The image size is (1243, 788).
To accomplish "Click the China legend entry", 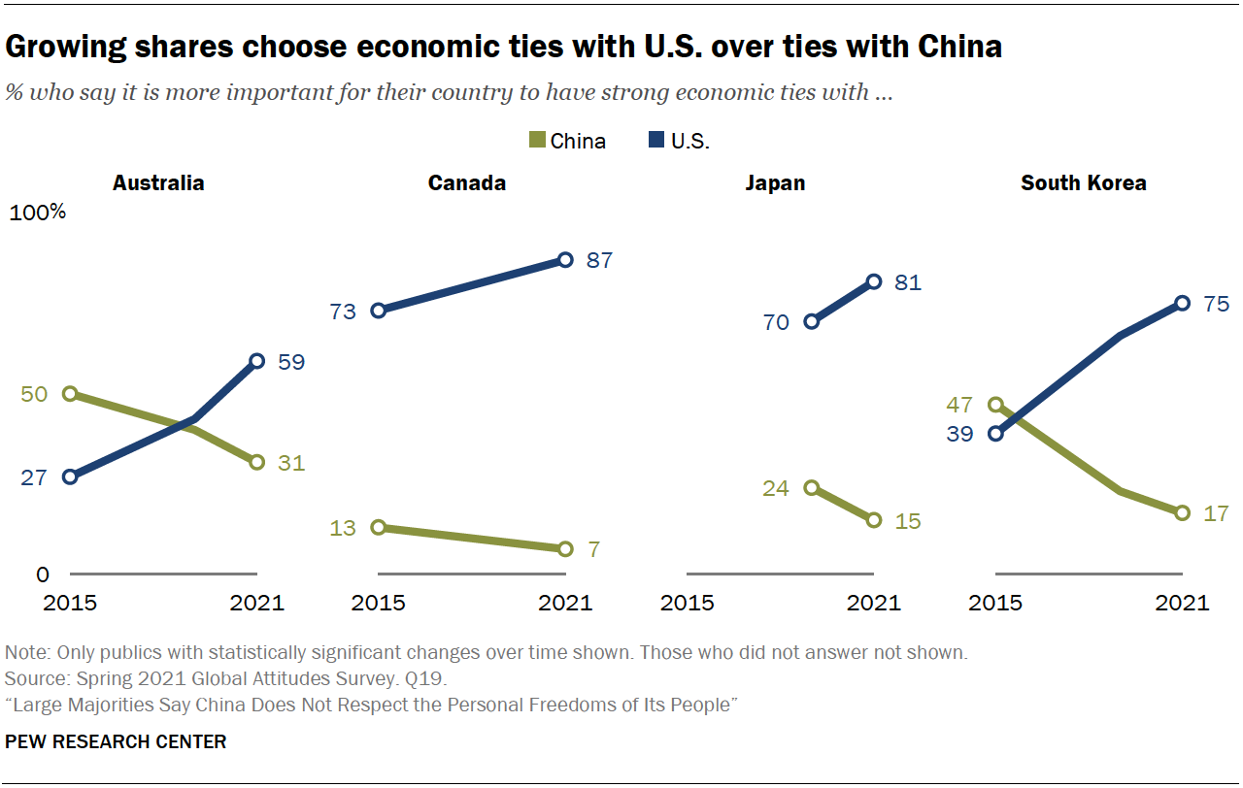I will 567,141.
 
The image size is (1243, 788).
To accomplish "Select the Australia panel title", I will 158,182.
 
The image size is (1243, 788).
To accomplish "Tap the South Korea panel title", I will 1083,182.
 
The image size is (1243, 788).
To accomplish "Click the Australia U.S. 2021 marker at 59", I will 256,361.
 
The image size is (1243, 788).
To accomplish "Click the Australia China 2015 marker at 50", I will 70,394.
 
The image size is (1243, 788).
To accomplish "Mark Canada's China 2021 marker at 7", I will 565,548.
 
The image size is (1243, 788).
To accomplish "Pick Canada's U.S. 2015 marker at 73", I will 379,311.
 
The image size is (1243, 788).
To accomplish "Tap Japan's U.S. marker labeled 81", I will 874,281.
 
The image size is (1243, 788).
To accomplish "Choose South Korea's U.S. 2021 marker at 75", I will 1182,303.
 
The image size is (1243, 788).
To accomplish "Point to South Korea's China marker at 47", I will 996,405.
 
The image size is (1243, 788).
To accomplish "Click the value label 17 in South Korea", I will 1216,513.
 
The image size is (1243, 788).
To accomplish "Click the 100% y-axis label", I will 37,213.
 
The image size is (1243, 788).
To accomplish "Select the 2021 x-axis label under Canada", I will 565,603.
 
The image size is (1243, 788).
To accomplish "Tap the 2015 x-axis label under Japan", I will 688,603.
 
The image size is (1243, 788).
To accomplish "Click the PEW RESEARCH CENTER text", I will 116,742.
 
